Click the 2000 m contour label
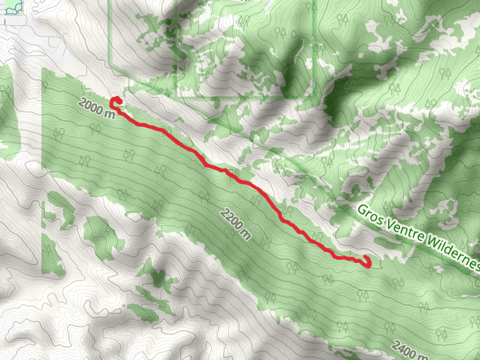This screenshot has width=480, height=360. coord(96,109)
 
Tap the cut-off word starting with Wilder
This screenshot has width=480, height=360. coord(455,254)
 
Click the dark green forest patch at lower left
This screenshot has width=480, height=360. coord(158,278)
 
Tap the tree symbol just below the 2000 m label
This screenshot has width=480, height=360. coord(94,128)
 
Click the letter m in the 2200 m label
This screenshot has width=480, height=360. coord(245,234)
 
